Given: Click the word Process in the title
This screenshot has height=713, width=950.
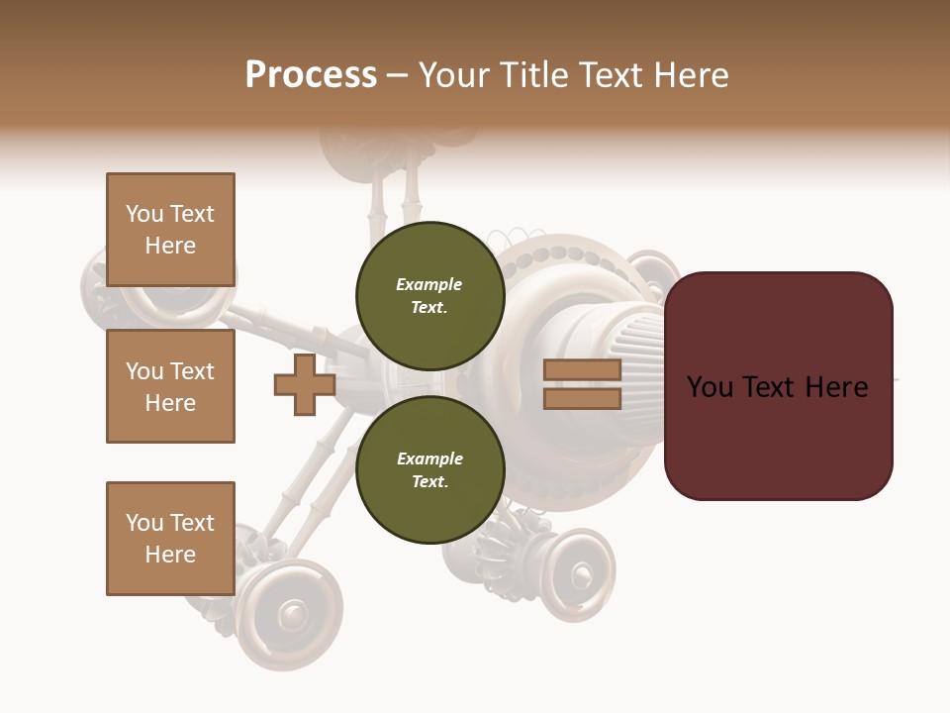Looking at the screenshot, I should point(311,75).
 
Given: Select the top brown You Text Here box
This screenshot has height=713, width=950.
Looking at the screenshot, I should point(170,230).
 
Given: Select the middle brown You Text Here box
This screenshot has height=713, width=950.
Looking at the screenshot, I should point(170,386).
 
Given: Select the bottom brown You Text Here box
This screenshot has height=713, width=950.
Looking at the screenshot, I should point(170,539).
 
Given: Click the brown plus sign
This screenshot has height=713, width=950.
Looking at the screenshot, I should point(305,385).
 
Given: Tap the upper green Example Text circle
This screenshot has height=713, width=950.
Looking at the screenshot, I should point(429,295).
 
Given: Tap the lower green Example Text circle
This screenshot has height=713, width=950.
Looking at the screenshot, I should point(429,469).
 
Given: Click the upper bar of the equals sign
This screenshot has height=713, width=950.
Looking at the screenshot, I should point(582,370).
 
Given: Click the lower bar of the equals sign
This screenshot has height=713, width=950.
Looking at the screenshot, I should point(582,399).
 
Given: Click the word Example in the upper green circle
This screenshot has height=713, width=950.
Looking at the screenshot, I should point(428,284).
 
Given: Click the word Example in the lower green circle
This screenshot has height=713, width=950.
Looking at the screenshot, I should point(429,458).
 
